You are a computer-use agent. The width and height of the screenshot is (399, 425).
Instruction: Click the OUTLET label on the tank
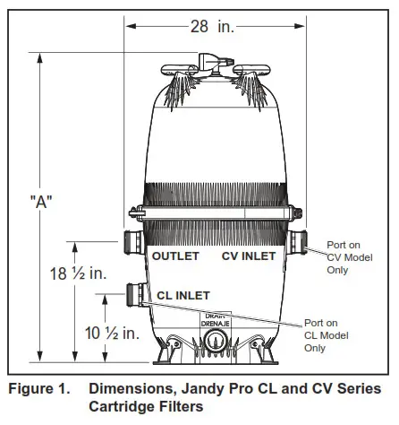pos(175,256)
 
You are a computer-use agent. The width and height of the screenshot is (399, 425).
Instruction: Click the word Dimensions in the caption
pos(131,389)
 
